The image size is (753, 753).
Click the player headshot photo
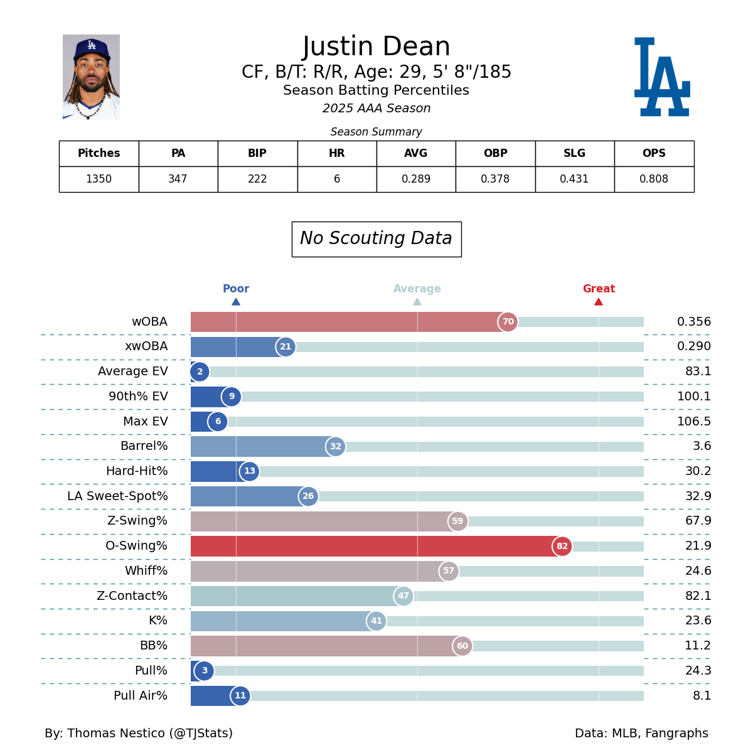[91, 77]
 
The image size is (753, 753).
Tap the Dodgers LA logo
[662, 77]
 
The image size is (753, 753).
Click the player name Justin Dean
[376, 47]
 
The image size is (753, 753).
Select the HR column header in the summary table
[337, 154]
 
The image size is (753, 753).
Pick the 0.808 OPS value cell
[654, 179]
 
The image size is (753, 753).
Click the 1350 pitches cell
[99, 179]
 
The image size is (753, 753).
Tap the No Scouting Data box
[376, 239]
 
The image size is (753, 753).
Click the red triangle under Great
[599, 302]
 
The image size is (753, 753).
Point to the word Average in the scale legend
[417, 289]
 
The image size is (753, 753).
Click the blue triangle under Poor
[236, 302]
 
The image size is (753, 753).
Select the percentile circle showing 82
[562, 547]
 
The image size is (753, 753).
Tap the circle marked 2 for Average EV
[200, 372]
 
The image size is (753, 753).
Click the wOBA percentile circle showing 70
[508, 322]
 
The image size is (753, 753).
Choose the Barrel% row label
[144, 446]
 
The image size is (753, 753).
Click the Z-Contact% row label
[132, 596]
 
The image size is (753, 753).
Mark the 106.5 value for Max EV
[694, 422]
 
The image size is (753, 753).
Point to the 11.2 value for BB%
[698, 646]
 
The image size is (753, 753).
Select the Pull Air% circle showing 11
[240, 696]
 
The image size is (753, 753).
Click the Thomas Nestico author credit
[139, 734]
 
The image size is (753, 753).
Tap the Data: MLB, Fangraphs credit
[641, 734]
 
